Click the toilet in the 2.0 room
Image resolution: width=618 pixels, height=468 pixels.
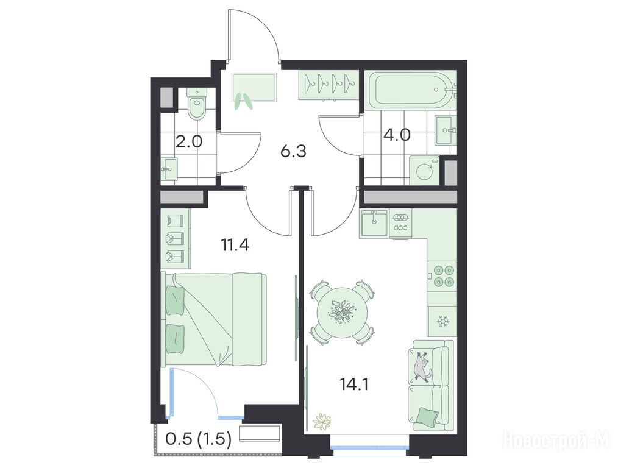197,104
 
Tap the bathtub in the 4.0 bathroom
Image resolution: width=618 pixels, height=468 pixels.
412,90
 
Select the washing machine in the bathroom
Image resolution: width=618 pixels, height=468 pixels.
425,171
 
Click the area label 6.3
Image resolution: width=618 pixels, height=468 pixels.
293,151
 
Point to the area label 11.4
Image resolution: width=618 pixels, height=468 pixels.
235,245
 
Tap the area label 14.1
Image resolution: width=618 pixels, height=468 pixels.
354,385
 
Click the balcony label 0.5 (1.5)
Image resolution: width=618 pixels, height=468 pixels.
198,439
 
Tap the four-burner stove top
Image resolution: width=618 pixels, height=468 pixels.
442,276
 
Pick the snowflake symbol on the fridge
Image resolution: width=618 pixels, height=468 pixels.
443,322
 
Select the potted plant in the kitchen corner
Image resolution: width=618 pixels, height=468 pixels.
322,420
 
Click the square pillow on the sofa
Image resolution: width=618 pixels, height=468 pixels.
427,417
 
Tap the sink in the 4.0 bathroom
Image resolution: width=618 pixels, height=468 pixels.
446,130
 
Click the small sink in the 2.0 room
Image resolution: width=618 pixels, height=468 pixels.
169,169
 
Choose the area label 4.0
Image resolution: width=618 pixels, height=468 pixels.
397,135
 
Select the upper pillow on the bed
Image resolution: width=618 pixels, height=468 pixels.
175,300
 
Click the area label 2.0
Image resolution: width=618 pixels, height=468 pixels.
189,141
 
